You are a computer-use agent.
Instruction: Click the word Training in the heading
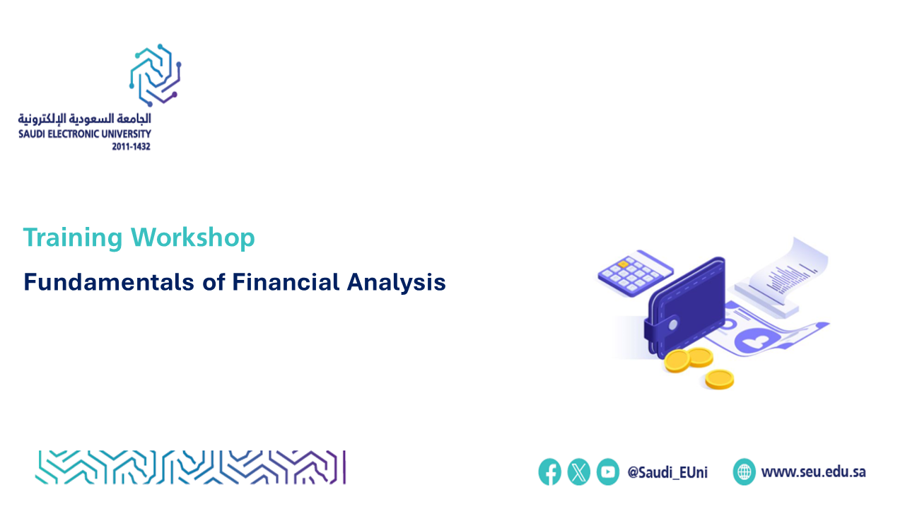pyautogui.click(x=73, y=238)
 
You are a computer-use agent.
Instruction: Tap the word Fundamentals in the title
pyautogui.click(x=109, y=281)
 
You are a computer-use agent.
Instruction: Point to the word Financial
pyautogui.click(x=286, y=281)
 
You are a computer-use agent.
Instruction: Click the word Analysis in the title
pyautogui.click(x=397, y=282)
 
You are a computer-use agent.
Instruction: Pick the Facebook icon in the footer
pyautogui.click(x=549, y=472)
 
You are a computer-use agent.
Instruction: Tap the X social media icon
pyautogui.click(x=578, y=472)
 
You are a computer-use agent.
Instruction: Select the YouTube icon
pyautogui.click(x=607, y=472)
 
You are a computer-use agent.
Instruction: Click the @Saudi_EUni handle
pyautogui.click(x=667, y=472)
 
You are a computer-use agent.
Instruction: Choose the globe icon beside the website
pyautogui.click(x=745, y=472)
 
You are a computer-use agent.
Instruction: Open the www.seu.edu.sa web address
pyautogui.click(x=813, y=472)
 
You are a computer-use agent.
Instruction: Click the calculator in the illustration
pyautogui.click(x=635, y=273)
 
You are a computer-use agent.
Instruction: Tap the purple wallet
pyautogui.click(x=685, y=308)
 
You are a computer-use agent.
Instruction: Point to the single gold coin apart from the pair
pyautogui.click(x=720, y=380)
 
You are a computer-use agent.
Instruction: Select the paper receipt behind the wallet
pyautogui.click(x=782, y=275)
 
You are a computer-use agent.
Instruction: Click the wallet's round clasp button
pyautogui.click(x=673, y=324)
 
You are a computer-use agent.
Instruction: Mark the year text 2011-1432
pyautogui.click(x=131, y=146)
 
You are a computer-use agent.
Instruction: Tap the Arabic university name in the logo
pyautogui.click(x=84, y=119)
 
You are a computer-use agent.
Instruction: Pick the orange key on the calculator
pyautogui.click(x=623, y=264)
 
